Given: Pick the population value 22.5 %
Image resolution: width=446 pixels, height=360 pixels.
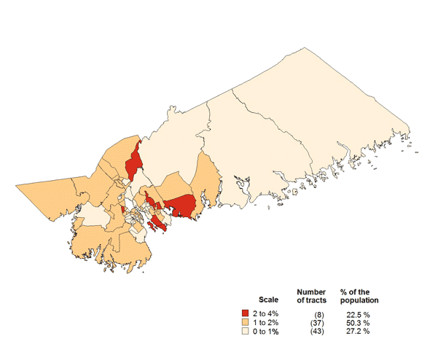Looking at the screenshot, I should pos(357,313).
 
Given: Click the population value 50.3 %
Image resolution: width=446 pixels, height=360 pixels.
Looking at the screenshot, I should pos(357,321).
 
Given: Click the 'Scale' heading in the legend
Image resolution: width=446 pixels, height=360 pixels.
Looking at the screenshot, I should pos(268,300).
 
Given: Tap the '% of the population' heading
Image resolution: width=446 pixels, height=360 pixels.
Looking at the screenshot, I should pos(359,295).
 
